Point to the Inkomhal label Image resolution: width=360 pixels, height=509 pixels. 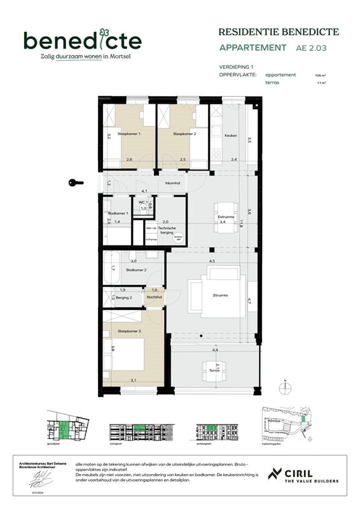tap(172, 183)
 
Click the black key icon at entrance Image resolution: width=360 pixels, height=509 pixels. tap(76, 183)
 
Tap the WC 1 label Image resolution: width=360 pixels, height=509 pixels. tap(142, 202)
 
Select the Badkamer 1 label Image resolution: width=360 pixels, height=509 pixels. tap(118, 213)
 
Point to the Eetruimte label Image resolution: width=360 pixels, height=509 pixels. tap(226, 216)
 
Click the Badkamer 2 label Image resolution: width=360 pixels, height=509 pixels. tap(137, 270)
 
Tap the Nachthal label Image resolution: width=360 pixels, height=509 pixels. tap(153, 297)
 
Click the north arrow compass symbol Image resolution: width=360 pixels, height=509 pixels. tap(286, 387)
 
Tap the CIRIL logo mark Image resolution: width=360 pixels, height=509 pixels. tap(275, 474)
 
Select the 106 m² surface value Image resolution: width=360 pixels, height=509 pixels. tap(319, 75)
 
